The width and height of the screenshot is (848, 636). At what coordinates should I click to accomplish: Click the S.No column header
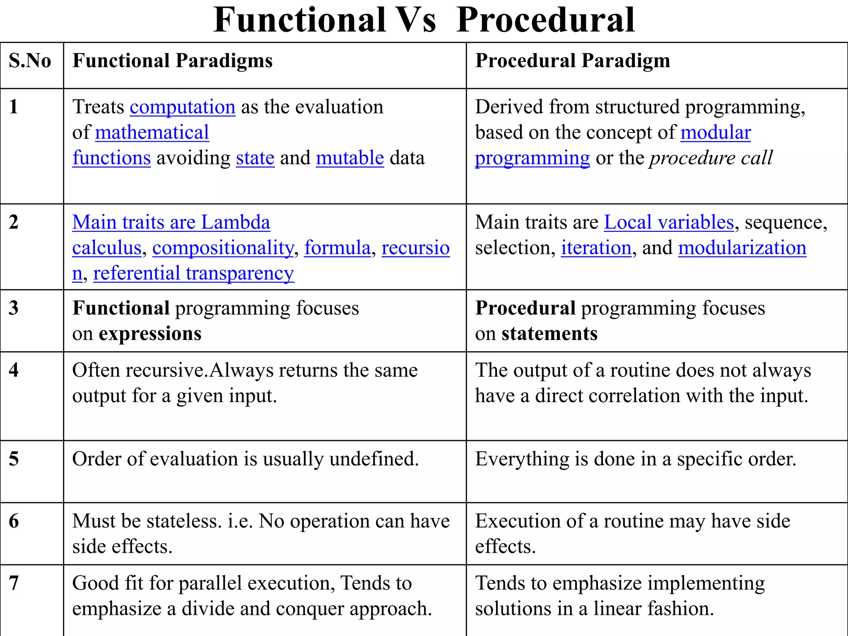pos(30,61)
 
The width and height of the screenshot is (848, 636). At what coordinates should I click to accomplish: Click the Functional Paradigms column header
pos(172,61)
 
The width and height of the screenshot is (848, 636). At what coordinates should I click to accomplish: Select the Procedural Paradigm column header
pos(572,61)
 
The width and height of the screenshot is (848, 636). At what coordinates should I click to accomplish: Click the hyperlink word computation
pos(183,107)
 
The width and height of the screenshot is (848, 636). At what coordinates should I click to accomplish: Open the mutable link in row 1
pos(350,158)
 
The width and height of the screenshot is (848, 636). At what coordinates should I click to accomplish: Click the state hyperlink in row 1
pos(255,158)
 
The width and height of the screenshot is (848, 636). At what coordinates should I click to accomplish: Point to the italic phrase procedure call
pos(711,158)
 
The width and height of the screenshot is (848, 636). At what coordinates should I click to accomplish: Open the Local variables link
pos(669,222)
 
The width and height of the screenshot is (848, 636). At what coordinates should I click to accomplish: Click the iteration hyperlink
pos(596,248)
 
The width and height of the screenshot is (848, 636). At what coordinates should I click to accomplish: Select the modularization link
pos(742,248)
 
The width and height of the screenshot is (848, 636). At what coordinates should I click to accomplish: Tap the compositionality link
pos(223,248)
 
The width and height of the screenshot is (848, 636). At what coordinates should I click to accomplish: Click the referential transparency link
pos(193,273)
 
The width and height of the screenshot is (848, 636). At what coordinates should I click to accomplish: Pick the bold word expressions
pos(150,334)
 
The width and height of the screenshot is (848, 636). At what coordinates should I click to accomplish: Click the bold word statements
pos(549,334)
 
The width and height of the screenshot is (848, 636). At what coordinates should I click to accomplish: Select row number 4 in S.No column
pos(14,370)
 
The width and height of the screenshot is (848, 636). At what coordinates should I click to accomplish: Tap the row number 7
pos(14,583)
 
